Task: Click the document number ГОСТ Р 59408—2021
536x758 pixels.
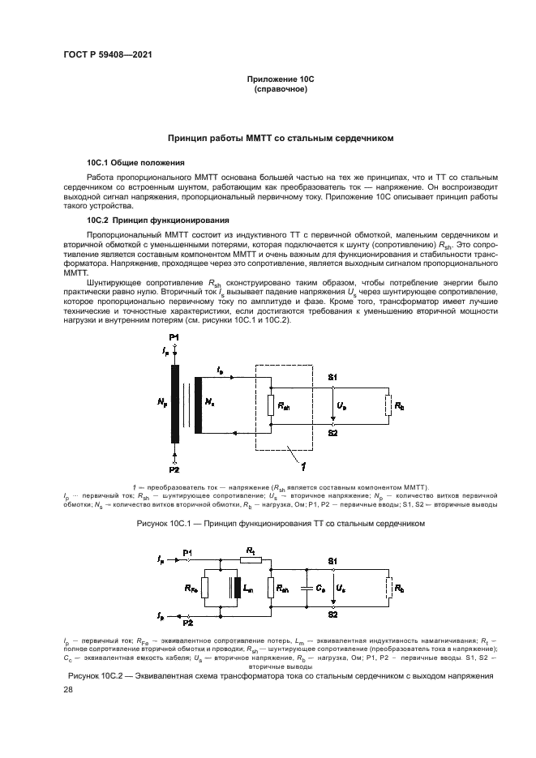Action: pos(108,54)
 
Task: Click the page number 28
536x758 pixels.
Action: pos(68,689)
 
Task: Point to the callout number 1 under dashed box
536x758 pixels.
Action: pos(302,466)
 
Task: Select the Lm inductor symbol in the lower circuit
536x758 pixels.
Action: pos(236,589)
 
